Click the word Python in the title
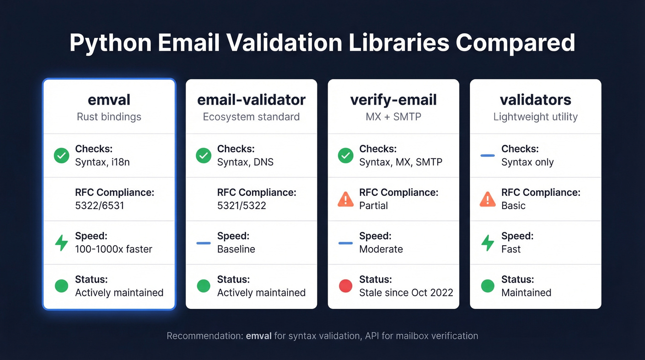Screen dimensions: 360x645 (111, 43)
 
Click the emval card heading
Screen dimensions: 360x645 (109, 100)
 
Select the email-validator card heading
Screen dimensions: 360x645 (251, 100)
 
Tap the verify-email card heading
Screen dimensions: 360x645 (393, 100)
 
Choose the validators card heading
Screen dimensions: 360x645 (535, 100)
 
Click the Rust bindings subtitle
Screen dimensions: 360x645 (109, 117)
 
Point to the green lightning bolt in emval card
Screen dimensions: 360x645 (61, 242)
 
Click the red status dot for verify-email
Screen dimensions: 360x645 (346, 286)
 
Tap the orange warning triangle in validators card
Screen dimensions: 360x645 (487, 199)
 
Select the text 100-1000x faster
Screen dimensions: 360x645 (113, 249)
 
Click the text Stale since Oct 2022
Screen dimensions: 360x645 (406, 293)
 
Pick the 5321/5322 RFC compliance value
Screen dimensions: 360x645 (241, 206)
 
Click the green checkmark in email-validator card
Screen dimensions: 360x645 (203, 156)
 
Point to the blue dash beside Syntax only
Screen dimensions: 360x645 (487, 156)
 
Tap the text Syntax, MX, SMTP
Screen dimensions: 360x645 (400, 162)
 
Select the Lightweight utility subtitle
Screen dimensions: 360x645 (535, 117)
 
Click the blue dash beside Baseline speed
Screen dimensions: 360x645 (203, 243)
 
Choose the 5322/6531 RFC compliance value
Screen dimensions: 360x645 (100, 206)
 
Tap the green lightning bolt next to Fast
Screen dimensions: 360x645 (487, 242)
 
